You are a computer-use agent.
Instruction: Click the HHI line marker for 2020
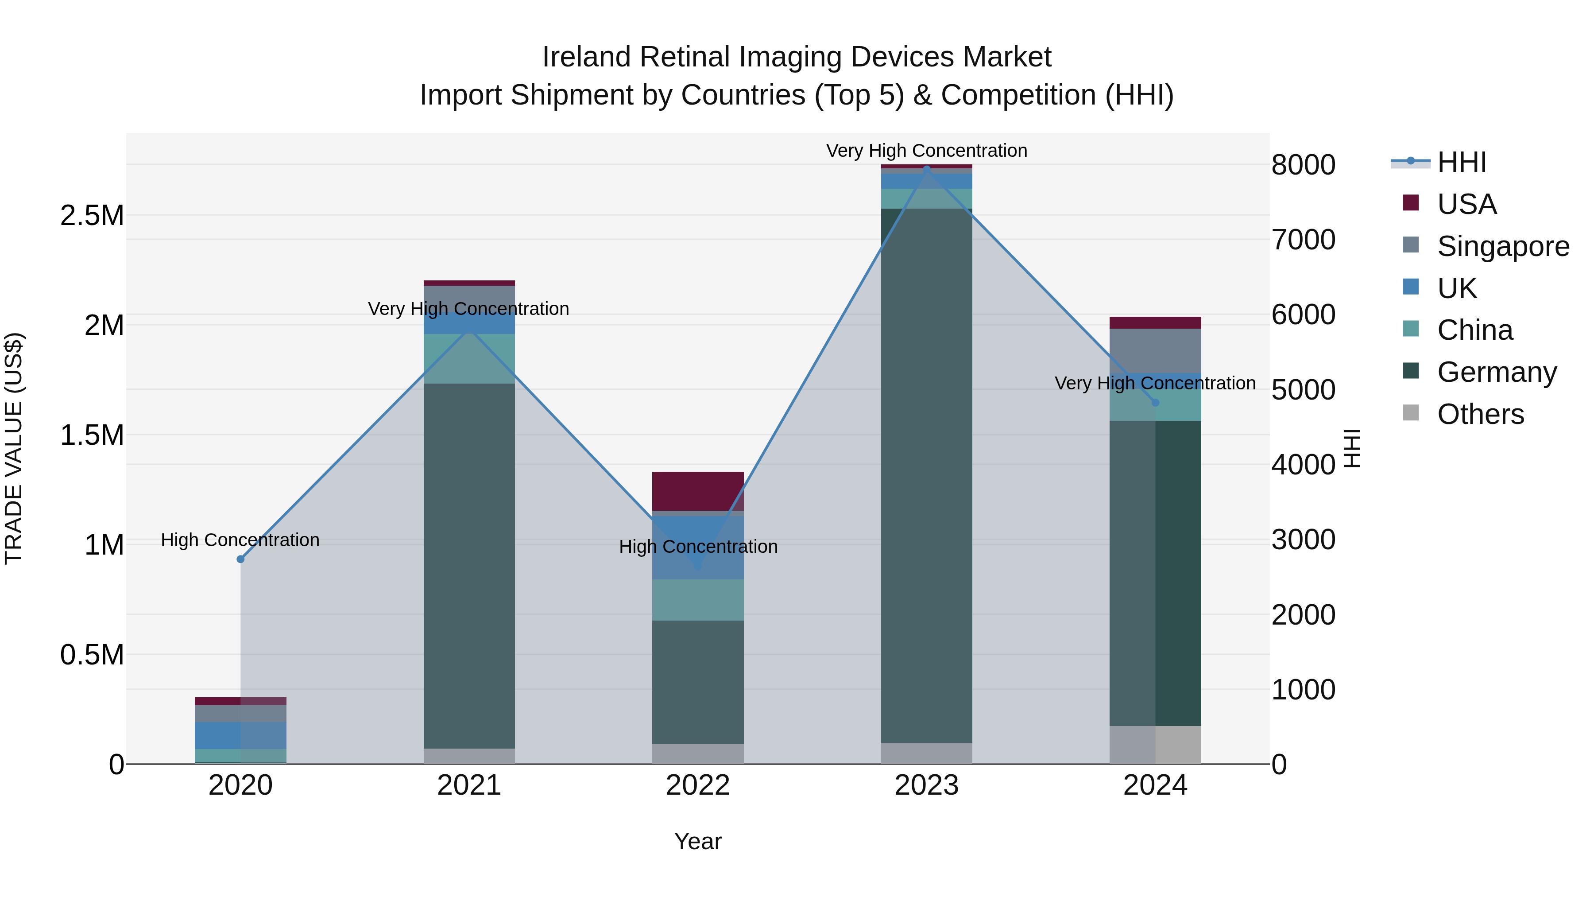241,559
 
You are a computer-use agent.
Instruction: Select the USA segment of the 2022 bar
698,490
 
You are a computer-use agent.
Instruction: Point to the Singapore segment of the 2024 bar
1155,350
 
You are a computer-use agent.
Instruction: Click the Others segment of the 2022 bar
698,753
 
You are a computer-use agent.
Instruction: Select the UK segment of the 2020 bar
241,735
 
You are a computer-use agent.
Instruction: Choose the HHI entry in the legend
1461,162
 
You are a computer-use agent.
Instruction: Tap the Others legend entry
1480,414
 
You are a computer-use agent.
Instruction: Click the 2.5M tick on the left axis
92,215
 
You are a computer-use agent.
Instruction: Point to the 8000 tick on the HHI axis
1303,165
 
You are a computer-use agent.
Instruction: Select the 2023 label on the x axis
926,785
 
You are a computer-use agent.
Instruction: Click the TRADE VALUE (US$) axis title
14,448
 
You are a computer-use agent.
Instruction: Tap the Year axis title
697,841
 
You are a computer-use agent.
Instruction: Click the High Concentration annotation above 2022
698,547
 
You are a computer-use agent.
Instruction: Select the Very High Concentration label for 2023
926,151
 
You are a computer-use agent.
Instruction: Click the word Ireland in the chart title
587,57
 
